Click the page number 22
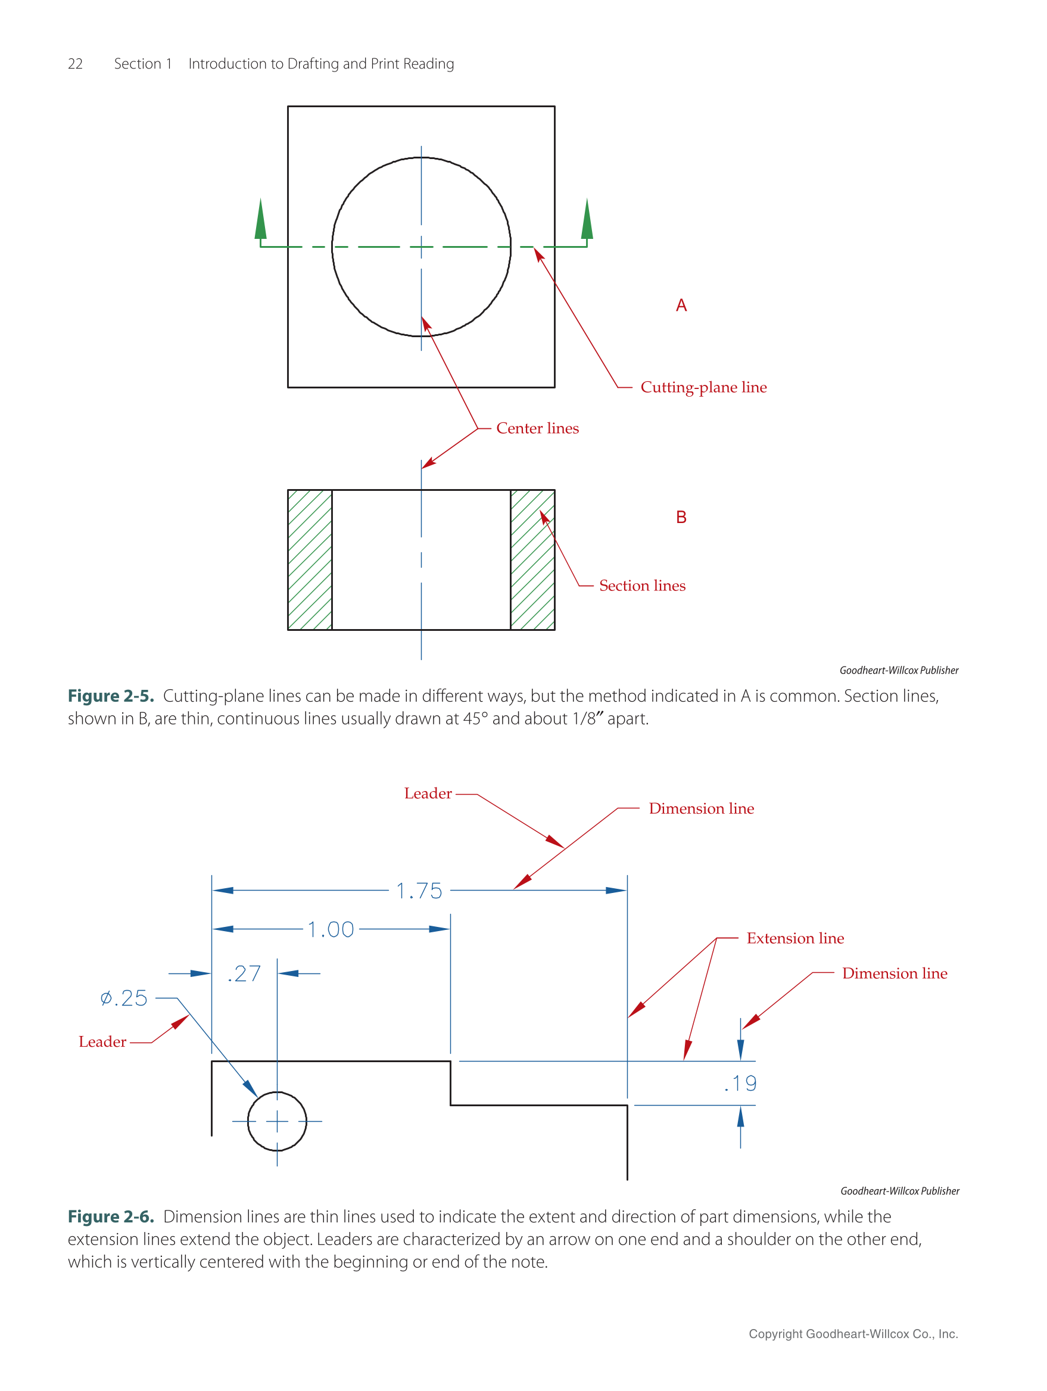click(75, 64)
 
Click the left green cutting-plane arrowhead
click(260, 219)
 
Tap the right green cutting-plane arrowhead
click(587, 219)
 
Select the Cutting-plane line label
click(703, 387)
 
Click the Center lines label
click(537, 428)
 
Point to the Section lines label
click(641, 586)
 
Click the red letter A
click(681, 306)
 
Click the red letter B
click(681, 517)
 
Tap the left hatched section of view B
click(309, 559)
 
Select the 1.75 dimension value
click(419, 891)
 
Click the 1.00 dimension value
click(331, 929)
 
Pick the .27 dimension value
click(244, 973)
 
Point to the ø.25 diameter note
click(124, 998)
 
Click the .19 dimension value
click(740, 1083)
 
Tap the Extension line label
click(795, 938)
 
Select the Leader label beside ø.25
click(102, 1042)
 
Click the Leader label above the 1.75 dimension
click(428, 793)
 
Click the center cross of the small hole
click(277, 1121)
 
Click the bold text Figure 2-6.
click(111, 1216)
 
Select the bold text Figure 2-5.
click(111, 696)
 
